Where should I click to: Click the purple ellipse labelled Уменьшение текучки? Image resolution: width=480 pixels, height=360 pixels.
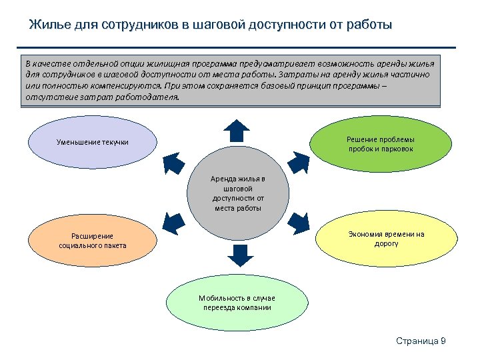93,142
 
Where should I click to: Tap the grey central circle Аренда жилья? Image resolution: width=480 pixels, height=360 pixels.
239,193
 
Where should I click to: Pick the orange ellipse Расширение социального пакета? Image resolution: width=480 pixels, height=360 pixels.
93,241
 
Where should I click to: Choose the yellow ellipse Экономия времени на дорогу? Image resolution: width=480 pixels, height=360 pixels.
387,239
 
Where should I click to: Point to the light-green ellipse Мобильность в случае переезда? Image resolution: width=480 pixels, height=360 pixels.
237,303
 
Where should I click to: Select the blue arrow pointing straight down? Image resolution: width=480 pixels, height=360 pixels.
239,255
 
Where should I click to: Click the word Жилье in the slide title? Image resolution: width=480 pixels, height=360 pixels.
47,25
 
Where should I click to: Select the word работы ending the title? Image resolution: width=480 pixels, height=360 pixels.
368,25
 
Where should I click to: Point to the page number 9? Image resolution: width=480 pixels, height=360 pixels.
443,341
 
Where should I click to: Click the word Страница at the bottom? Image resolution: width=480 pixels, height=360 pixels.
417,341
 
